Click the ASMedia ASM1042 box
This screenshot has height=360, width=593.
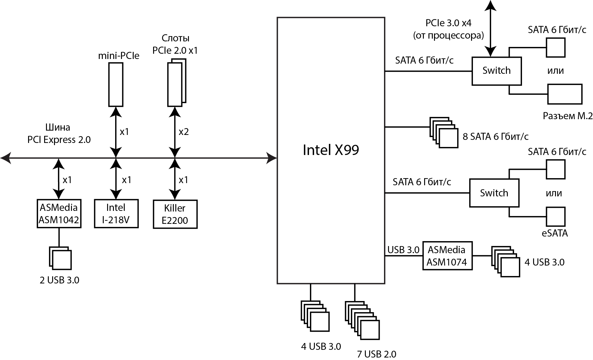point(59,214)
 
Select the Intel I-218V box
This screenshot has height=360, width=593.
point(116,214)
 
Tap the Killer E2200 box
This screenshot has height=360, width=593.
point(175,214)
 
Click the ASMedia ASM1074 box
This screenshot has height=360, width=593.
point(447,256)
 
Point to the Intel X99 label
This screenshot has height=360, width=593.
point(331,150)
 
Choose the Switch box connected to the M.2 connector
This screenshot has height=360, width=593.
point(496,71)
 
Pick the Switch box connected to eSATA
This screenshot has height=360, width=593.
point(494,193)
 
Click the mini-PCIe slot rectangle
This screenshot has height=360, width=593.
point(116,84)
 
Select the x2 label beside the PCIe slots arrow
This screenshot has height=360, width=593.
point(184,132)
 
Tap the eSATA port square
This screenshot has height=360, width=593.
point(556,217)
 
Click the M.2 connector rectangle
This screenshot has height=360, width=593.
point(565,94)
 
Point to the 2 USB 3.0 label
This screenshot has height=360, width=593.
point(59,280)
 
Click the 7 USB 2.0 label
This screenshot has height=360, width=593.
point(377,354)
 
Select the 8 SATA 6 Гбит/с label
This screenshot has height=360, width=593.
point(495,136)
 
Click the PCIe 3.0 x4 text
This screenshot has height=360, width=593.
point(449,23)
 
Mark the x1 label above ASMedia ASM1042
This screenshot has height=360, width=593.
point(67,180)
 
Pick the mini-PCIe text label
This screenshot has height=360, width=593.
point(119,56)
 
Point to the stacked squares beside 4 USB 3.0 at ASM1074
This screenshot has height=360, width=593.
point(506,261)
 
